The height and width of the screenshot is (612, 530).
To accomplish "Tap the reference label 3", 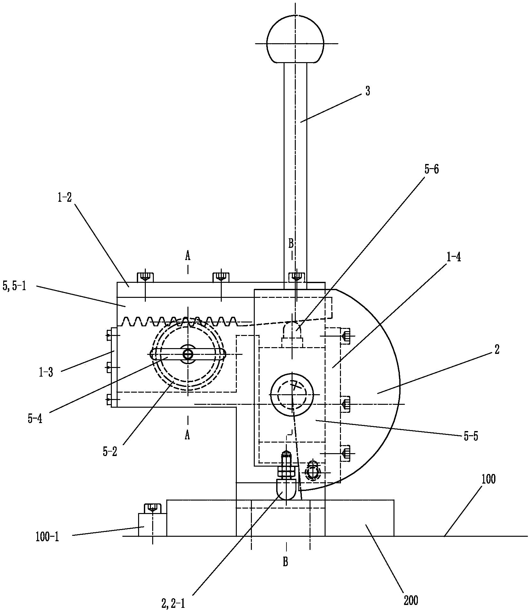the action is pos(368,91).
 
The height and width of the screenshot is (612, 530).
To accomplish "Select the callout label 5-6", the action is pos(431,169).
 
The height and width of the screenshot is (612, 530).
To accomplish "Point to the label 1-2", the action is pos(64,198).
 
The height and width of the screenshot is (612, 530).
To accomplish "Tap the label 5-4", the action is pos(35,419).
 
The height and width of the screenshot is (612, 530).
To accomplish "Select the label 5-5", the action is pos(471,436).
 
